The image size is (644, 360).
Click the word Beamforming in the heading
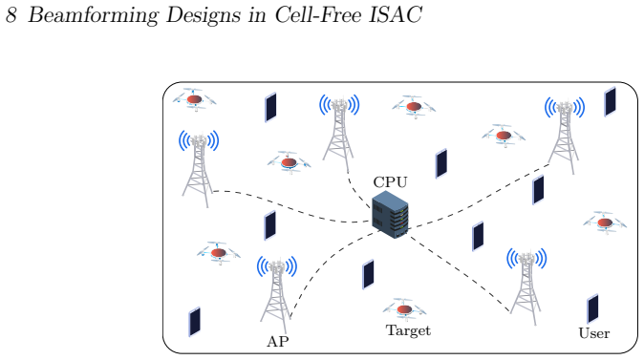pos(93,15)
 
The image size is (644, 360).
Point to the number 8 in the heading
pos(11,15)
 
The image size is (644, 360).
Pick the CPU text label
pos(390,181)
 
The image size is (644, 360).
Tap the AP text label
pos(278,341)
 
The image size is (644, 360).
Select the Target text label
pos(408,330)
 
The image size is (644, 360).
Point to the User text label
pos(594,333)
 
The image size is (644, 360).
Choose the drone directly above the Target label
pos(404,308)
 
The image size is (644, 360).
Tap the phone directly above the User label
pos(592,308)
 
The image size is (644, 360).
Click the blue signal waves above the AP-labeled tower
pos(277,266)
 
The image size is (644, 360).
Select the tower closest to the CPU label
pos(339,133)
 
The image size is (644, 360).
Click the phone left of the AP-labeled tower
pos(194,322)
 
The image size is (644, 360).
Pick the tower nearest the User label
pos(526,286)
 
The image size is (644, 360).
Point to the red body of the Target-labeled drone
pos(404,308)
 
